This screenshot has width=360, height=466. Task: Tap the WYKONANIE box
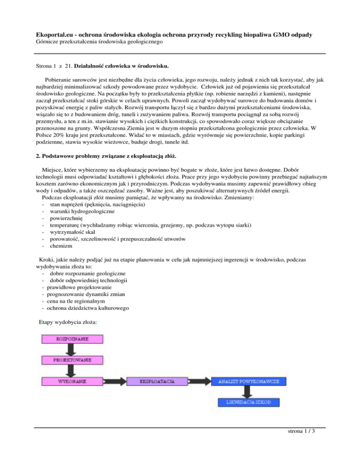(x=71, y=382)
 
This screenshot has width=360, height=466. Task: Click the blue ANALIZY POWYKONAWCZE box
(x=249, y=382)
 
